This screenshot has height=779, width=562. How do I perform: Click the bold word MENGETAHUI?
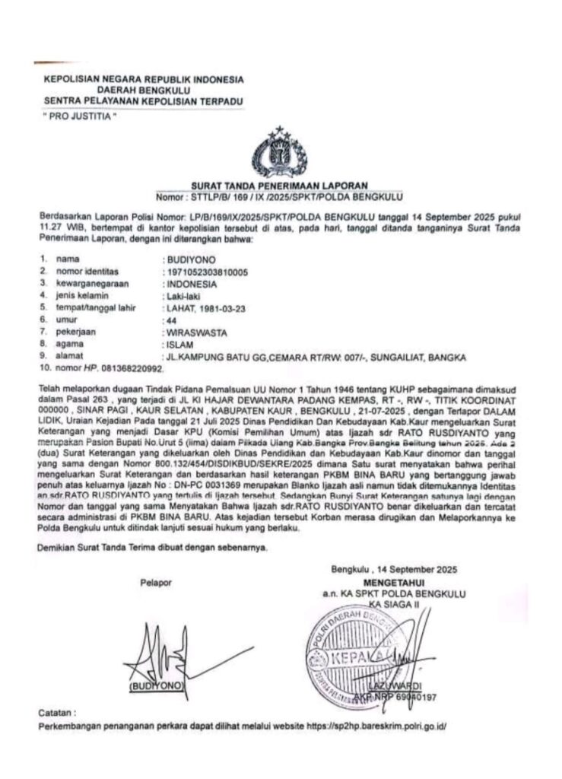[x=392, y=582]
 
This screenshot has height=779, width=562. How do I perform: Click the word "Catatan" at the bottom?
[x=58, y=714]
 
